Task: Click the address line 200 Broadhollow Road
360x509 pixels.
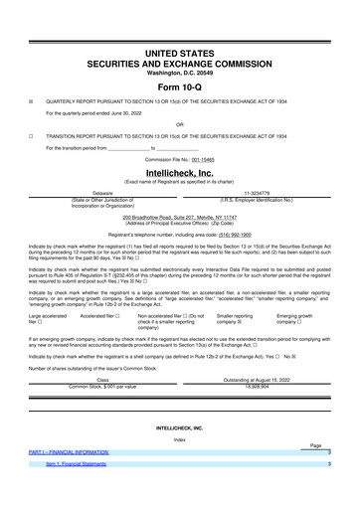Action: click(x=179, y=216)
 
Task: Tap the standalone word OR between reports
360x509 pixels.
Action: click(x=179, y=124)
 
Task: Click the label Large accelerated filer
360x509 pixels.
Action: click(x=48, y=318)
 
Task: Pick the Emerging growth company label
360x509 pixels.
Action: click(x=299, y=318)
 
